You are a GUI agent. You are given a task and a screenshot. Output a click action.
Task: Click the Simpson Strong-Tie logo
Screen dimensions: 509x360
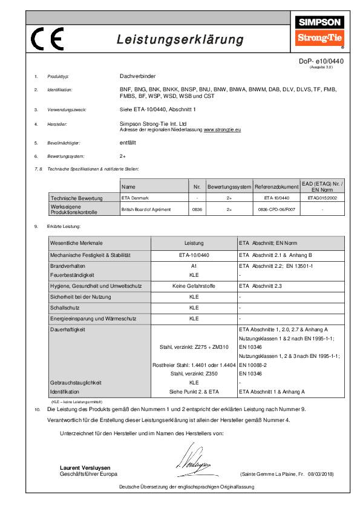(x=318, y=31)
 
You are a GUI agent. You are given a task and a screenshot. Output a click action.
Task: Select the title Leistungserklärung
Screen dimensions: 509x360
(x=180, y=40)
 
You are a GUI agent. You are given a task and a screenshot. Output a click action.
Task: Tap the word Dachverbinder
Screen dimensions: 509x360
(x=137, y=77)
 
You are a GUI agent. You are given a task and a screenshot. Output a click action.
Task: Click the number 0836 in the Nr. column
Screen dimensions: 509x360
(x=196, y=209)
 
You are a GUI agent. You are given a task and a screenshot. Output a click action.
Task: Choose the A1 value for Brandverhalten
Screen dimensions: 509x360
(x=194, y=266)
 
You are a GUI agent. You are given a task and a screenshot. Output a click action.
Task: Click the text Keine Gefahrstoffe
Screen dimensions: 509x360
(x=194, y=285)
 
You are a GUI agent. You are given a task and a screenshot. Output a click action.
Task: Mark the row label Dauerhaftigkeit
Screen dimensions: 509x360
(x=68, y=330)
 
